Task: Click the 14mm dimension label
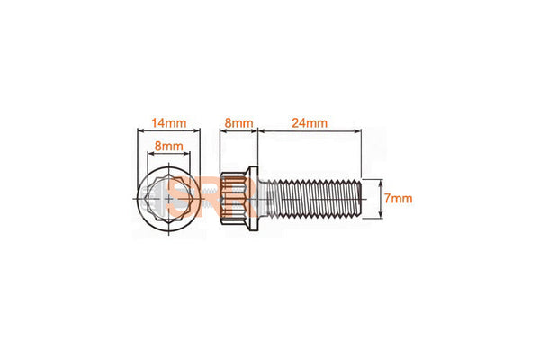(x=169, y=122)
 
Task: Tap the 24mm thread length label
(x=310, y=122)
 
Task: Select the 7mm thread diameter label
(x=398, y=198)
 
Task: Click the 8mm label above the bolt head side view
(x=238, y=122)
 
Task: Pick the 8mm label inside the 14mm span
(x=169, y=146)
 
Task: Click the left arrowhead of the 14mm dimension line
(x=140, y=130)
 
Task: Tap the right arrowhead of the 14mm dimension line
(x=197, y=130)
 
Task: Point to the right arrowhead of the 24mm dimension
(x=358, y=130)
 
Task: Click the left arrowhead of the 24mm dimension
(x=261, y=130)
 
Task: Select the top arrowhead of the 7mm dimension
(x=381, y=182)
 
